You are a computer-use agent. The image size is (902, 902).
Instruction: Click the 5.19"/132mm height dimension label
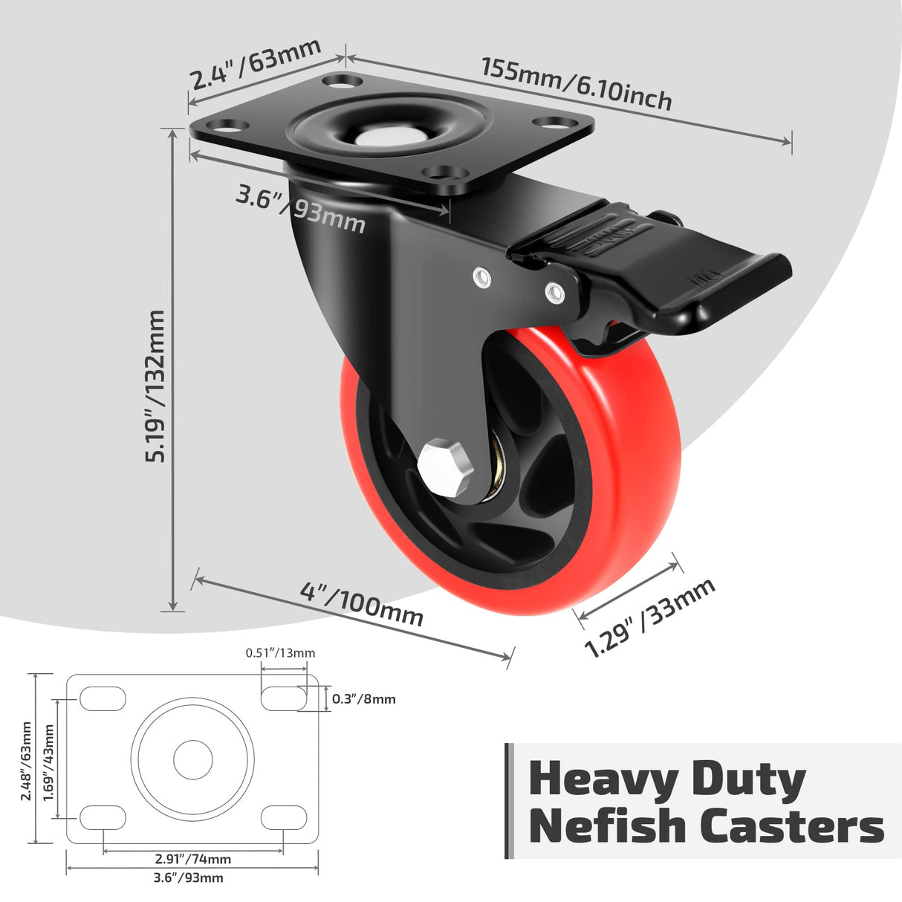(155, 386)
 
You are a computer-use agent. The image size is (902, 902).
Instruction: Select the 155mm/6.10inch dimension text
(577, 83)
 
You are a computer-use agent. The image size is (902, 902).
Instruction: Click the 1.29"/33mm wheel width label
(649, 617)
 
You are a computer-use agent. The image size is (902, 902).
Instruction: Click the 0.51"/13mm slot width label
(280, 653)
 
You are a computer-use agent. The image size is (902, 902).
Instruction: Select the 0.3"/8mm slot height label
(363, 698)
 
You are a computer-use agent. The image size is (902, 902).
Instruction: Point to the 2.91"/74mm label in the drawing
(193, 859)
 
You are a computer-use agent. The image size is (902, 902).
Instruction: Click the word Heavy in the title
(603, 780)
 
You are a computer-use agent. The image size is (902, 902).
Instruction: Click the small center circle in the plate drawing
(192, 759)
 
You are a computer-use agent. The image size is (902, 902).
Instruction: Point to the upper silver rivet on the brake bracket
(481, 277)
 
